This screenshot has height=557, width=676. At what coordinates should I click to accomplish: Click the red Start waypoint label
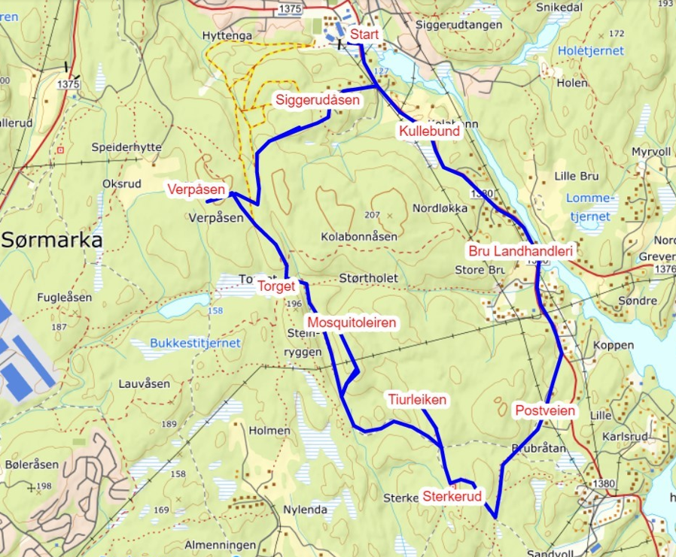click(x=364, y=35)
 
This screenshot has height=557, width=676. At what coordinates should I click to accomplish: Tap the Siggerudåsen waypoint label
click(x=317, y=100)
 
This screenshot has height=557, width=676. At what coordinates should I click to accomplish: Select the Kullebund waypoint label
click(x=428, y=132)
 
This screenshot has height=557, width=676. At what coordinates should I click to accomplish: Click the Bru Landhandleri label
click(x=521, y=250)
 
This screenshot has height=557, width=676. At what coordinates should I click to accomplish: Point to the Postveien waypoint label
click(x=545, y=410)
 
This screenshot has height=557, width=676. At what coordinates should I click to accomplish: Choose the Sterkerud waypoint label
click(x=452, y=497)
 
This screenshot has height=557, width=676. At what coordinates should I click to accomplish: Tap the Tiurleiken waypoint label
click(x=417, y=400)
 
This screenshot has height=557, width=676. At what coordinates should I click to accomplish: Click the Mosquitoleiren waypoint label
click(x=352, y=322)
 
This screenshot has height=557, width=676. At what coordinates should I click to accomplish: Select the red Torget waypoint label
click(x=276, y=286)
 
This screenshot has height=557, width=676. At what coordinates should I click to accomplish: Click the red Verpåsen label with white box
click(x=196, y=189)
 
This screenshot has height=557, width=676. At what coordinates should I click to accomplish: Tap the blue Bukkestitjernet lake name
click(x=195, y=343)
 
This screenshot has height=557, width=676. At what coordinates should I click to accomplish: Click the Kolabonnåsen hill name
click(x=358, y=236)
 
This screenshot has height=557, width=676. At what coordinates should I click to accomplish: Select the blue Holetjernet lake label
click(x=591, y=51)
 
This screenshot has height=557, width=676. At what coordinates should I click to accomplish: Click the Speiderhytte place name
click(x=126, y=148)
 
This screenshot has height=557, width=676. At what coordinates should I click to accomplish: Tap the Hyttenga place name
click(x=227, y=35)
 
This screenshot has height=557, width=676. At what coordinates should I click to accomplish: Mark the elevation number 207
click(x=372, y=215)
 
